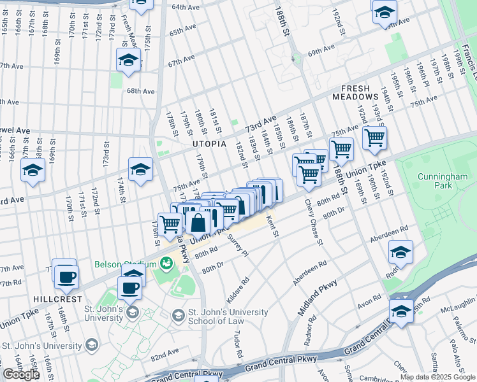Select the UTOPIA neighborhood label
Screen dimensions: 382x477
coord(210,144)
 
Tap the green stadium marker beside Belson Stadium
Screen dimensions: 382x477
coord(166,262)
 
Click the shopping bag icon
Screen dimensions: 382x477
coord(198,223)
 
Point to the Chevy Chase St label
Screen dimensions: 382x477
coord(312,223)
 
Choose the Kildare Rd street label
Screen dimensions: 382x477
coord(235,290)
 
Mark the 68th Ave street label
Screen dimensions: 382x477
coord(140,91)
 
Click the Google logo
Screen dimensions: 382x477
coord(21,374)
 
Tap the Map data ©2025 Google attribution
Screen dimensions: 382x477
coord(437,377)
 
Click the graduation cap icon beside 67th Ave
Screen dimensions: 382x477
coord(128,60)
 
